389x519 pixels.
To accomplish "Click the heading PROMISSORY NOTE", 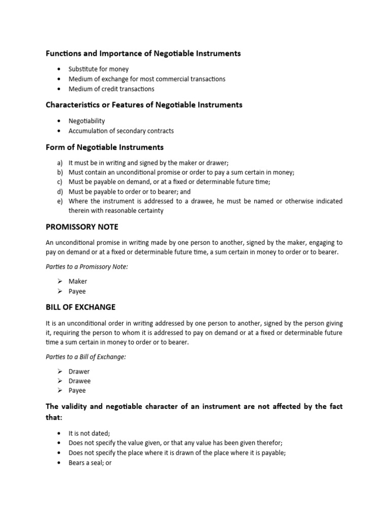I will pos(82,227).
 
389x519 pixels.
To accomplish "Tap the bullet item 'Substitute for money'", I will pos(99,69).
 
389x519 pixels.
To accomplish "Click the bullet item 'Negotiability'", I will pos(87,121).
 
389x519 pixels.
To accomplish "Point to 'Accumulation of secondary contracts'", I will pos(121,131).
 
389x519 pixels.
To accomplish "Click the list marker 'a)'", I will pos(60,163).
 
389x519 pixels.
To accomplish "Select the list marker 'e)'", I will pos(60,201).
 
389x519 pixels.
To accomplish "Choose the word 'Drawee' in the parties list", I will pos(80,381).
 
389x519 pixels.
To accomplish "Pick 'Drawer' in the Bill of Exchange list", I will pos(79,372).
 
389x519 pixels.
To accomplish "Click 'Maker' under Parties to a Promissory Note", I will pos(78,281).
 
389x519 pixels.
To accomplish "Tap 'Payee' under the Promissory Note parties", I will pos(77,291).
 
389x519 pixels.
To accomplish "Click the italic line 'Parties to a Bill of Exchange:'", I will pos(86,357).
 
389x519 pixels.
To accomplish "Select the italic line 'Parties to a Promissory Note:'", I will pos(87,267).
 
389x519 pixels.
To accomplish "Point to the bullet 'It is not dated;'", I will pos(89,433).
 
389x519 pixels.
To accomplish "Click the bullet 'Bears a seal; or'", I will pos(90,463).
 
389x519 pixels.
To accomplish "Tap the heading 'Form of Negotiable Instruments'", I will pos(104,147).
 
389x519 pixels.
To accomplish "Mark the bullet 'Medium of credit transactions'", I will pos(111,89).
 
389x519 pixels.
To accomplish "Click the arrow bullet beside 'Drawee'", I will pos(59,381).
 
